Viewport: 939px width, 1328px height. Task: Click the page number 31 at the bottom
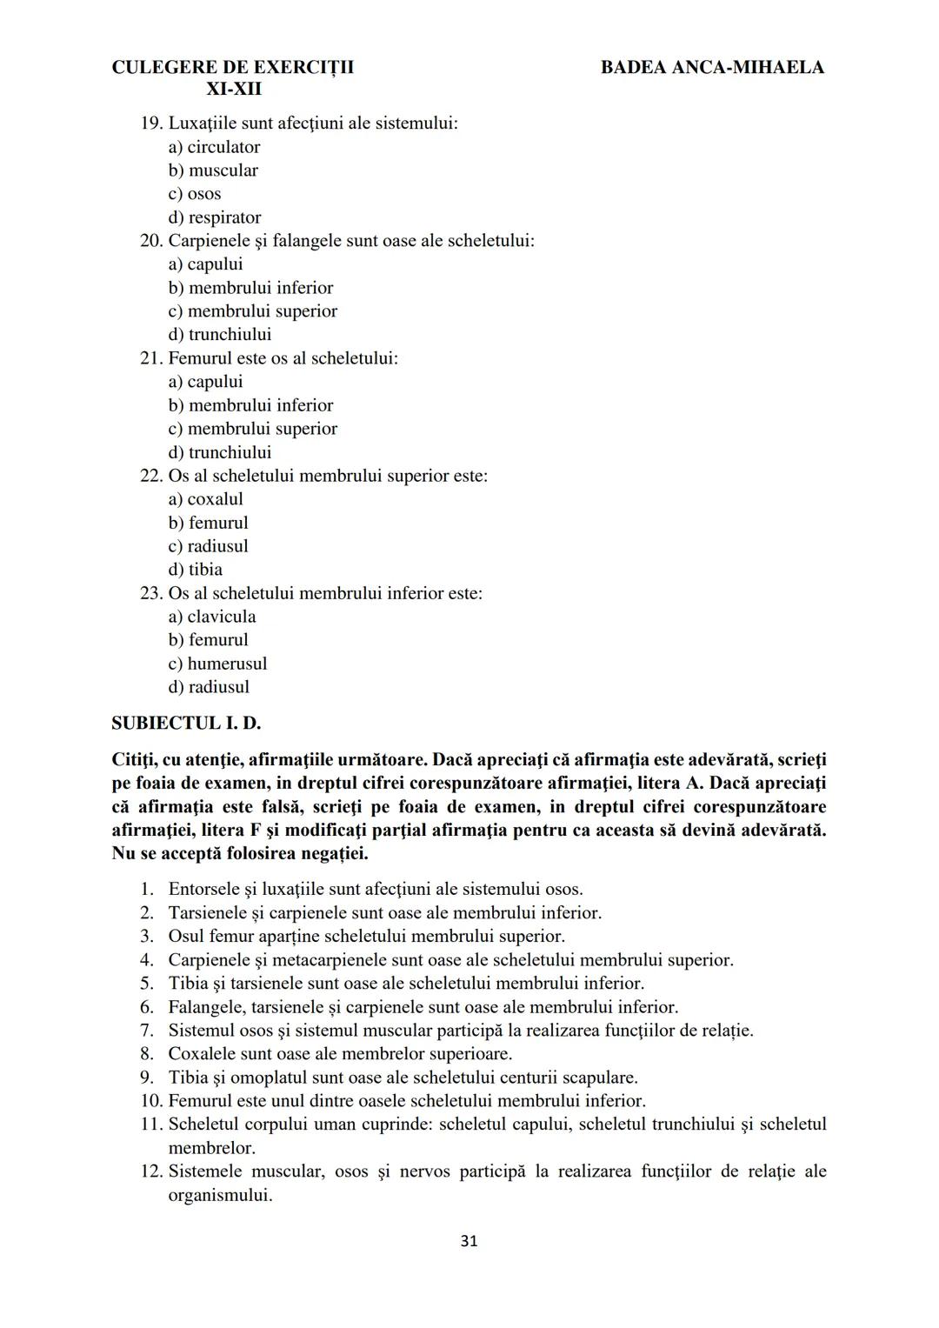pyautogui.click(x=469, y=1241)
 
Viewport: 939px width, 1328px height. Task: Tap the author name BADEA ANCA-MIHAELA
pyautogui.click(x=711, y=68)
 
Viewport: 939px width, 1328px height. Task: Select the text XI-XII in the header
pyautogui.click(x=233, y=90)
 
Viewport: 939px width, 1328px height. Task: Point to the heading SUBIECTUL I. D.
pyautogui.click(x=186, y=724)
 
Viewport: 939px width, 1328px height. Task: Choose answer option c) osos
pyautogui.click(x=195, y=194)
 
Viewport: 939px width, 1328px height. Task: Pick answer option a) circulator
pyautogui.click(x=214, y=147)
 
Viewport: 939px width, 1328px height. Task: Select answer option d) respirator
pyautogui.click(x=214, y=217)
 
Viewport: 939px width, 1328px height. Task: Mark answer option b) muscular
pyautogui.click(x=213, y=170)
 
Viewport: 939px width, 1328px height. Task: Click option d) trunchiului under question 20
pyautogui.click(x=219, y=335)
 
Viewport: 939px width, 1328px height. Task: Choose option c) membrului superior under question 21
pyautogui.click(x=252, y=429)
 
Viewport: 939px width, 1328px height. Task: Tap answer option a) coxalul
pyautogui.click(x=205, y=499)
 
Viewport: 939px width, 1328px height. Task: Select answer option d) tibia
pyautogui.click(x=195, y=570)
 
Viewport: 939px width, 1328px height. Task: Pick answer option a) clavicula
pyautogui.click(x=211, y=617)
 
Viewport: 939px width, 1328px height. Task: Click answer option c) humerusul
pyautogui.click(x=217, y=664)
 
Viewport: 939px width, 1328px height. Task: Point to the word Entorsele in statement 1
pyautogui.click(x=203, y=890)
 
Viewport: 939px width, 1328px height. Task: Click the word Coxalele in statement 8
pyautogui.click(x=201, y=1054)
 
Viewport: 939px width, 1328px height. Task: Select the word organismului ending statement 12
pyautogui.click(x=220, y=1195)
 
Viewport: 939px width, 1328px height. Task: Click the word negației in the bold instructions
pyautogui.click(x=335, y=854)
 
